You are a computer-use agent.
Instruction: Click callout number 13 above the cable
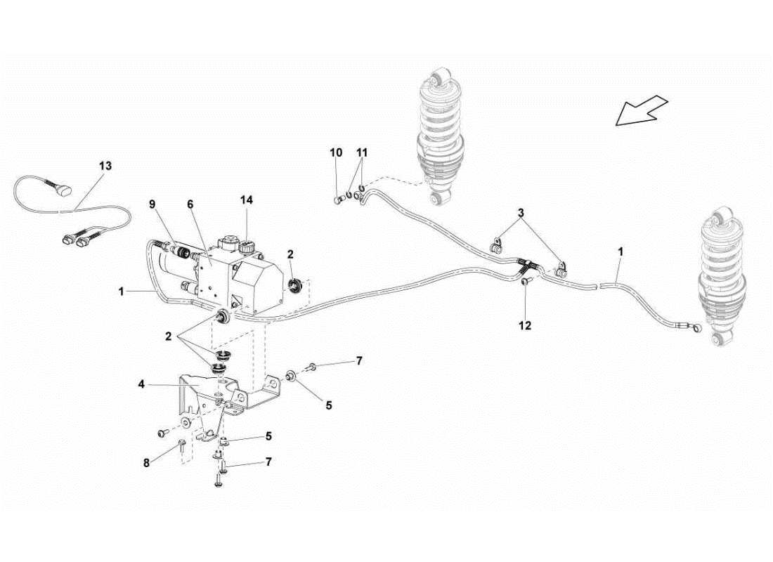[105, 166]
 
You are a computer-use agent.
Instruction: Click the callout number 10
[336, 152]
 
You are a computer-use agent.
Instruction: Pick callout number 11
[362, 152]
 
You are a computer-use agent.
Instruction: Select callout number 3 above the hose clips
[521, 212]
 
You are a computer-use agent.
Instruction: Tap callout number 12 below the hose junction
[525, 325]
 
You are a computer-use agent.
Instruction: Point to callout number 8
[147, 464]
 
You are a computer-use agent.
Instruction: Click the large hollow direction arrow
[641, 111]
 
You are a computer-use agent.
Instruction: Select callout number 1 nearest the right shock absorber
[620, 250]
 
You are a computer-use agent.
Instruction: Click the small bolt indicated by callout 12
[526, 282]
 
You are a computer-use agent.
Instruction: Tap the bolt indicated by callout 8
[181, 443]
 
